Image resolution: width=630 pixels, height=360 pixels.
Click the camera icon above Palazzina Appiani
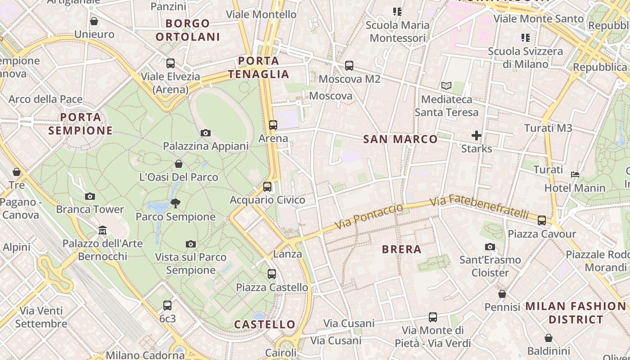(206, 133)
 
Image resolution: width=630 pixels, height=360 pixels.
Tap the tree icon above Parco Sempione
(175, 203)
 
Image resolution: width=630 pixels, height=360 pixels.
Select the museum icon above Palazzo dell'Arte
(103, 230)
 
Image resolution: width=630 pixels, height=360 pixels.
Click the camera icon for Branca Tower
(90, 196)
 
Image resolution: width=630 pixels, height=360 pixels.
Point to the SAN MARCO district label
(400, 139)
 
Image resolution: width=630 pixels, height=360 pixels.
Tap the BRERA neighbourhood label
(401, 249)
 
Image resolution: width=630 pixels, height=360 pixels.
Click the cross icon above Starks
(477, 135)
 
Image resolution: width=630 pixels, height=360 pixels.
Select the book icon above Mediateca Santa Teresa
(446, 85)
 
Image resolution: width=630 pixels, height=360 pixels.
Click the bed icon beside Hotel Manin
(575, 175)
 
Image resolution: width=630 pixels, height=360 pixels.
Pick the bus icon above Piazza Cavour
(542, 220)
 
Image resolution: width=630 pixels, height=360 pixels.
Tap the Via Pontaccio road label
(369, 216)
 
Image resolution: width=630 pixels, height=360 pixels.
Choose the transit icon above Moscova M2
(349, 66)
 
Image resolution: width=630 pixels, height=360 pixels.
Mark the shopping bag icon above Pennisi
(502, 294)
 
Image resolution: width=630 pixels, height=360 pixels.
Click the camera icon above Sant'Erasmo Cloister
(490, 247)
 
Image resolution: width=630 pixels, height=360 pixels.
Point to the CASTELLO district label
(265, 324)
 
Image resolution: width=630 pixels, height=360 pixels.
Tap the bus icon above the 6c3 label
(167, 306)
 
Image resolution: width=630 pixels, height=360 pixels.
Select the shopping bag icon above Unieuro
(94, 21)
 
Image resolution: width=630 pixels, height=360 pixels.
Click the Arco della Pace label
(45, 99)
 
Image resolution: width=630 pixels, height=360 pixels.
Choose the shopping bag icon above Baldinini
(549, 338)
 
